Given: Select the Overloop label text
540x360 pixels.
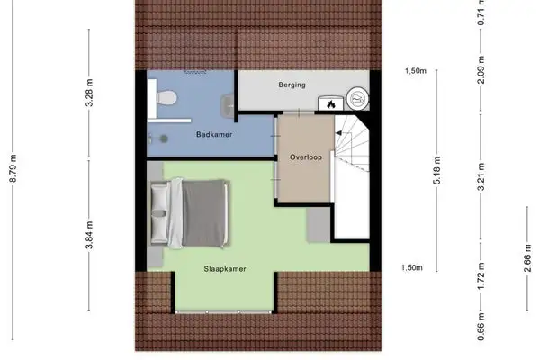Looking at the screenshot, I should pyautogui.click(x=306, y=157).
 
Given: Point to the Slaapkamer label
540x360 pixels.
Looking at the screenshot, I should pyautogui.click(x=224, y=268).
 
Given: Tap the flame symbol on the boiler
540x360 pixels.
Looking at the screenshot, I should pyautogui.click(x=331, y=103).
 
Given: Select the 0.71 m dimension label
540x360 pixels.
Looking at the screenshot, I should pyautogui.click(x=481, y=13).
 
